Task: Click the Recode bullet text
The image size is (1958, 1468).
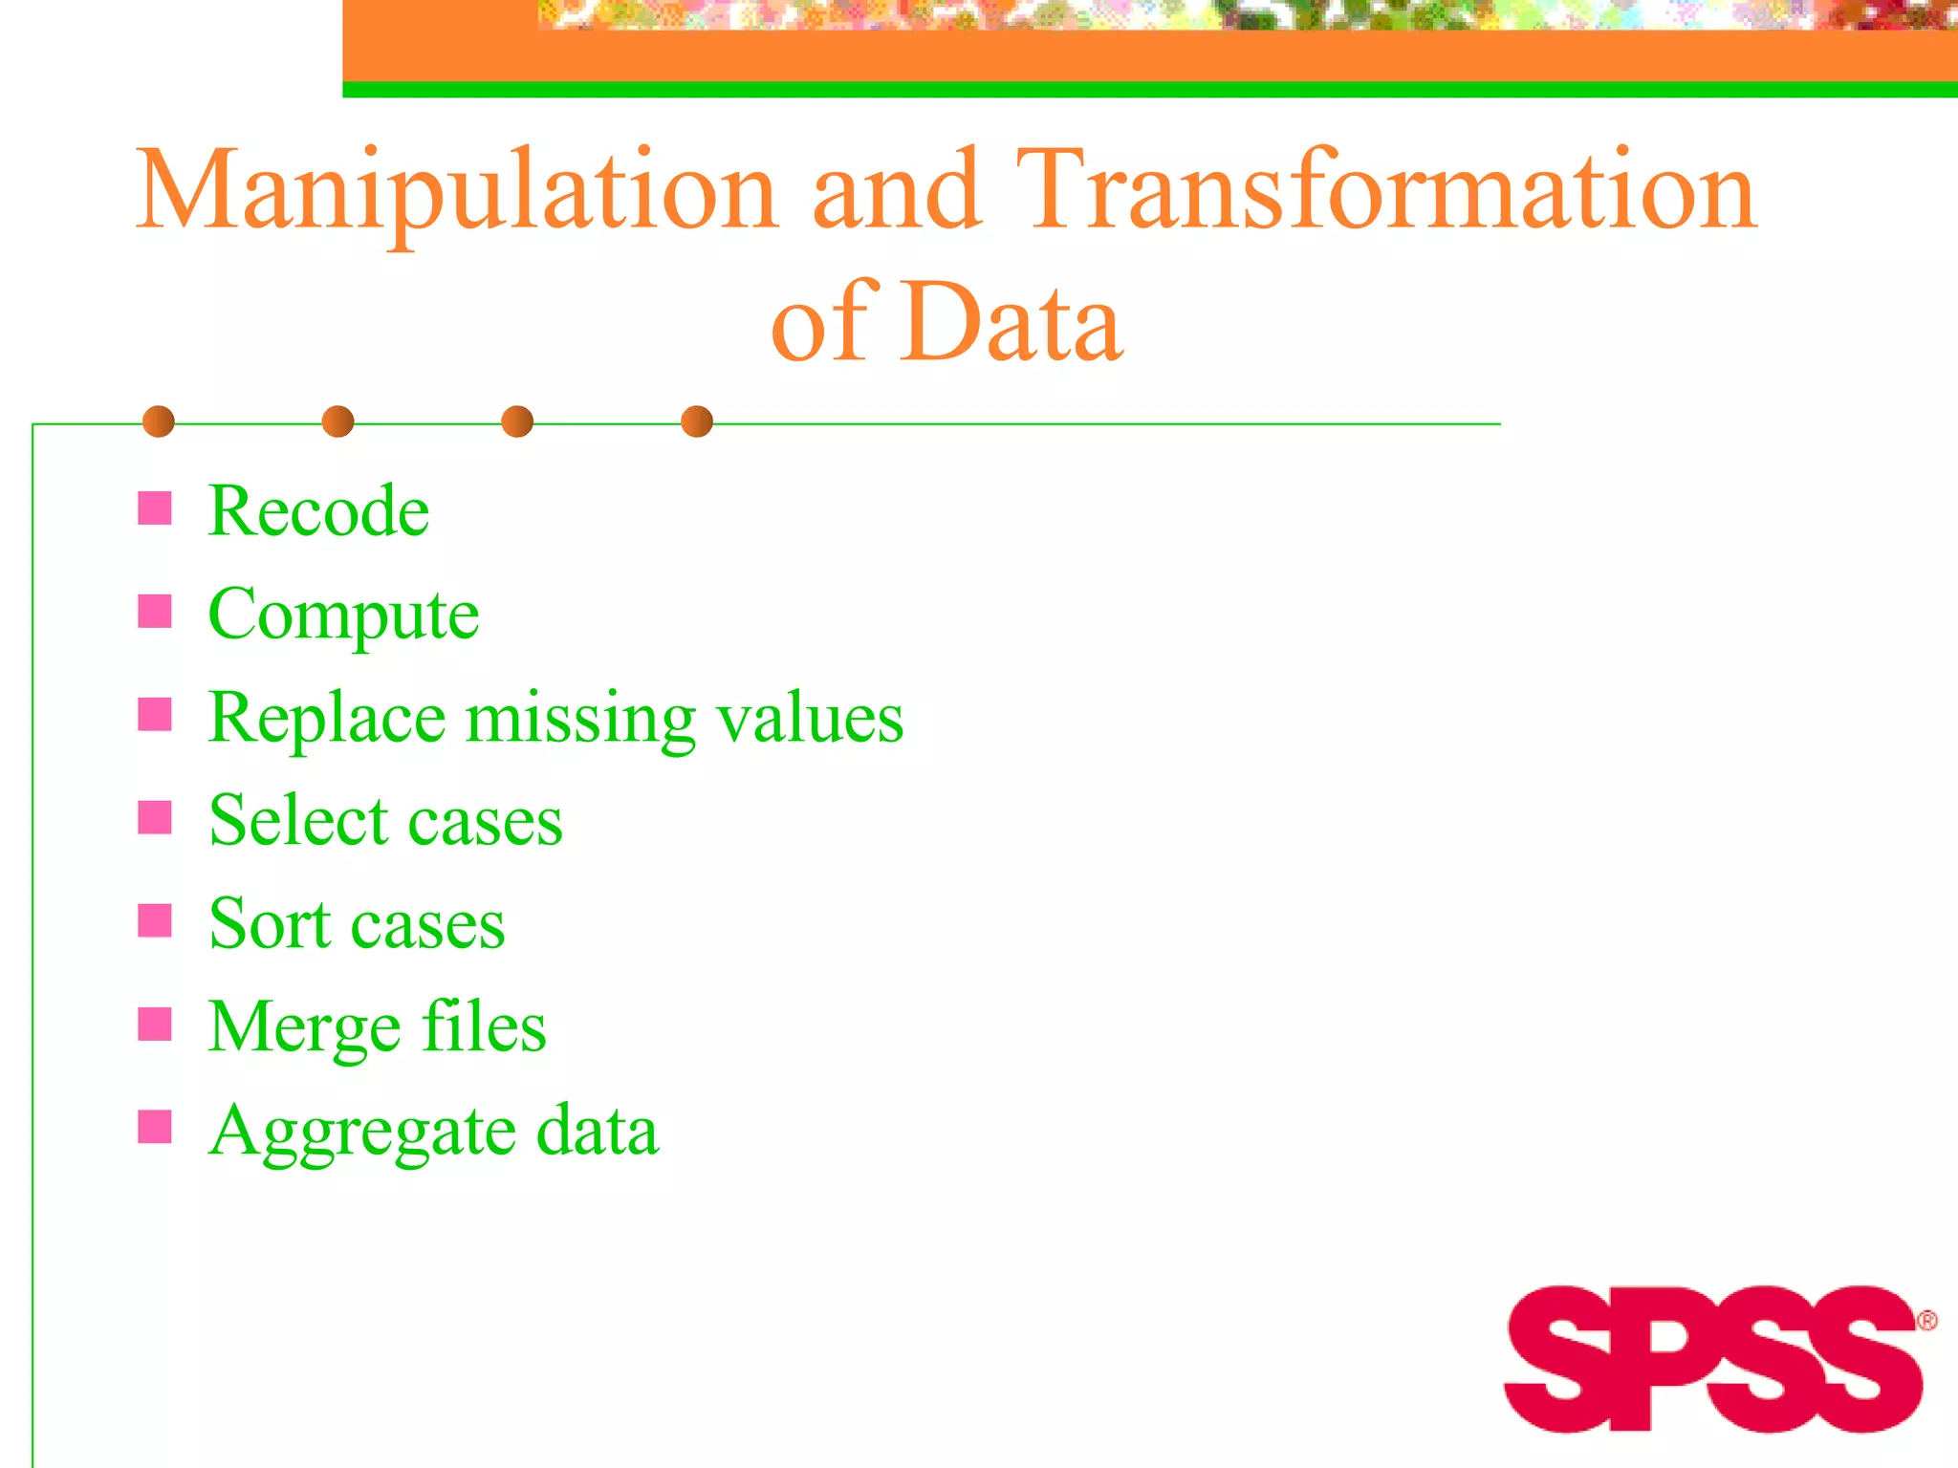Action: [318, 510]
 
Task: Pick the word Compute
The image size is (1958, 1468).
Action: [343, 615]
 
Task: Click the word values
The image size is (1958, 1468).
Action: [810, 719]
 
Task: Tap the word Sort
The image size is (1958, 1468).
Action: [270, 924]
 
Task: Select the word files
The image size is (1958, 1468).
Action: [485, 1026]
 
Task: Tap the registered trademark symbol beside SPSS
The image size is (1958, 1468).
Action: [1927, 1321]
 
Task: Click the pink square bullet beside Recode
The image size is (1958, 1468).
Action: [155, 508]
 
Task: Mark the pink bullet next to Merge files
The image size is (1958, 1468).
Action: [155, 1025]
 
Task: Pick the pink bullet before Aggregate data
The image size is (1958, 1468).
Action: [155, 1128]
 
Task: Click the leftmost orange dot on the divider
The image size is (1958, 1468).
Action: [159, 421]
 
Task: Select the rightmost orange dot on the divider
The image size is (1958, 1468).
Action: [697, 421]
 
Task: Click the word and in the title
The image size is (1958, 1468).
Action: [896, 191]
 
